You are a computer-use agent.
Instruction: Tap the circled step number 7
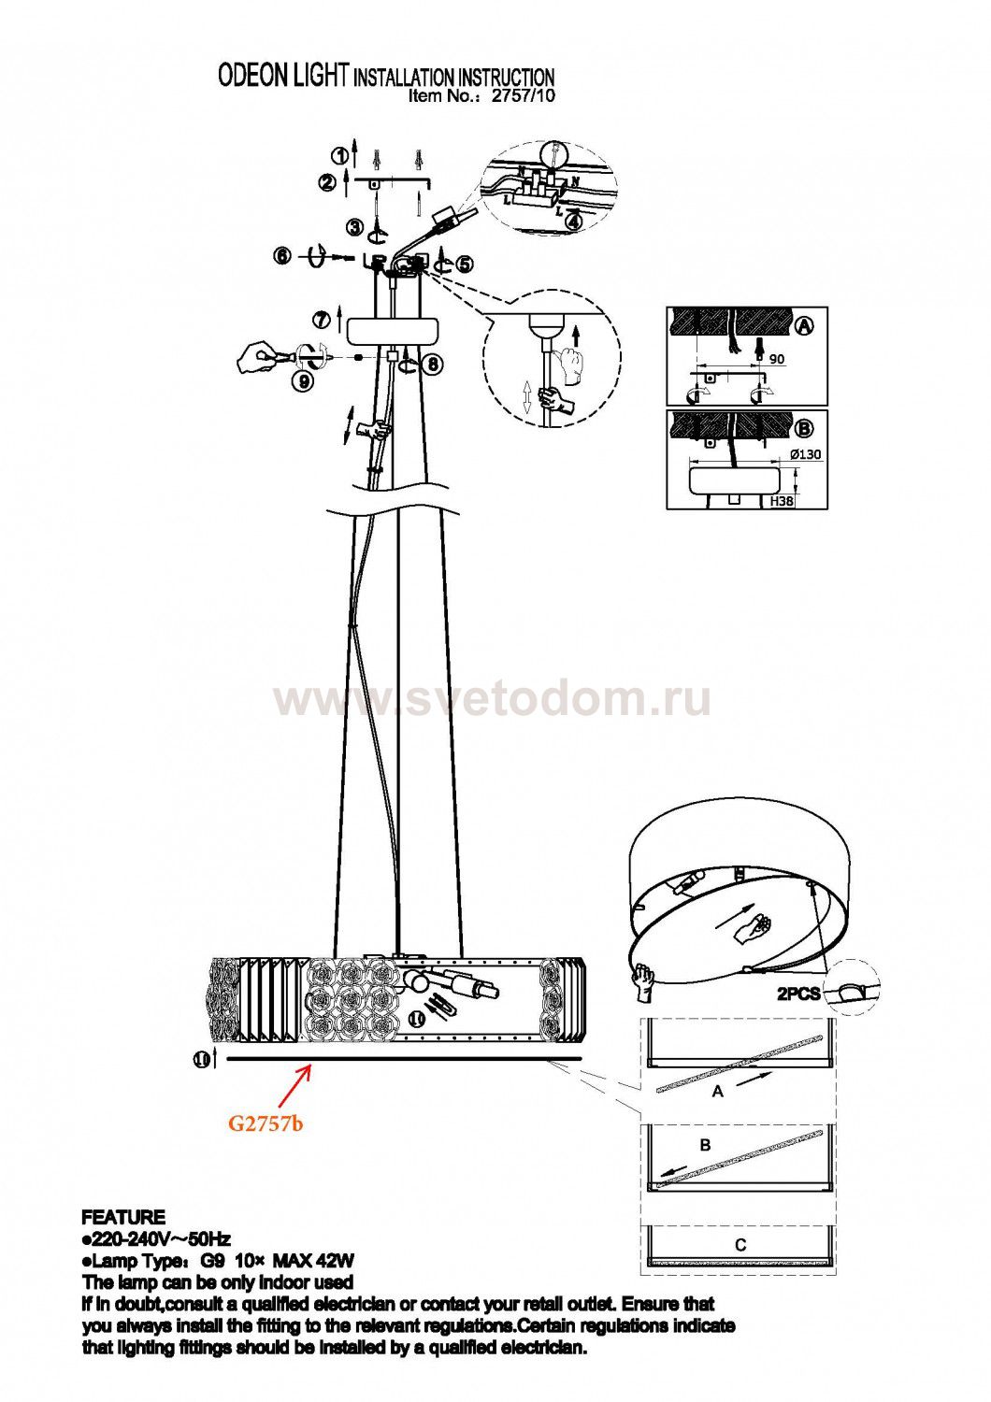point(321,319)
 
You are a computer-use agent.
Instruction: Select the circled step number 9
point(303,380)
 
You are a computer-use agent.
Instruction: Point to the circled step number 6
point(283,255)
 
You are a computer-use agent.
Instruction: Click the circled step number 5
point(465,265)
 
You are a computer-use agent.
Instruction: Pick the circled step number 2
point(327,183)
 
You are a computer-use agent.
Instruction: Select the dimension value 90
point(777,359)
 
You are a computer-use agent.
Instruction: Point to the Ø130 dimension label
point(806,454)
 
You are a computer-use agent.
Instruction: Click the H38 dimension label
point(782,501)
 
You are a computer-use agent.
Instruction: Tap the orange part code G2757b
point(266,1123)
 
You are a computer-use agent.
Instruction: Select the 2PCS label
point(798,994)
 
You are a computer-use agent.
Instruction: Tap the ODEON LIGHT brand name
point(282,76)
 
